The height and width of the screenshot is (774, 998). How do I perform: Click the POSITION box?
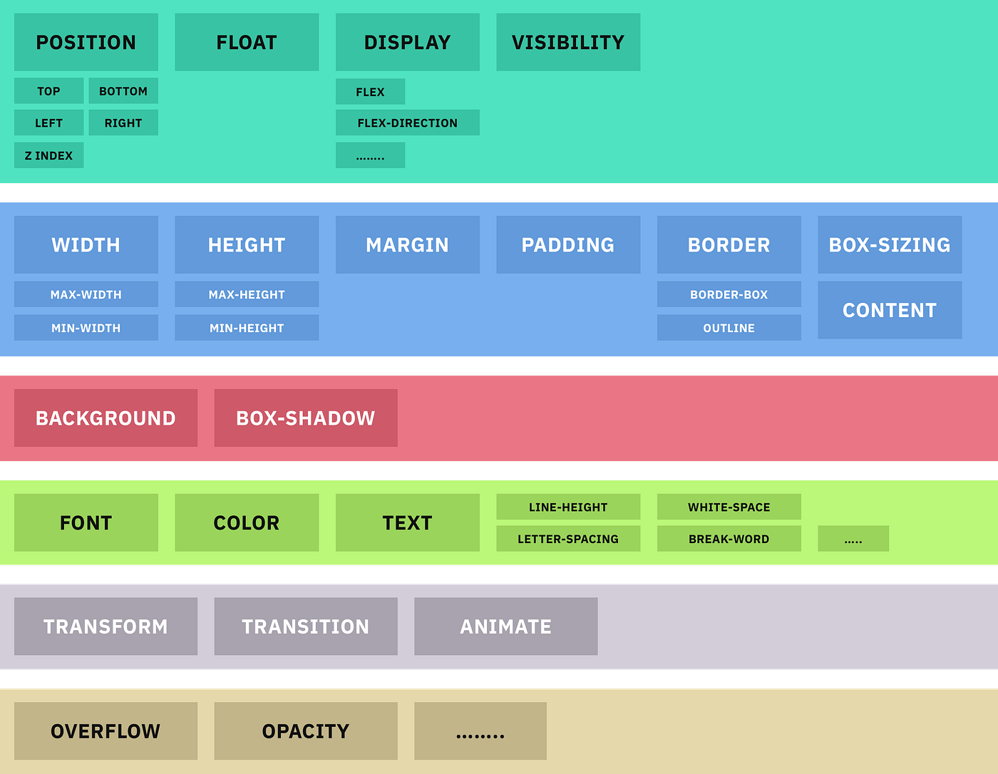[x=86, y=42]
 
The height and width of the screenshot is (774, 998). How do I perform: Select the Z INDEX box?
[x=48, y=155]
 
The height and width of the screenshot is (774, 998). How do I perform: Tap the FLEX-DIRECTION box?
[x=407, y=123]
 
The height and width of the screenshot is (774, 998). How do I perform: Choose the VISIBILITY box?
[x=568, y=42]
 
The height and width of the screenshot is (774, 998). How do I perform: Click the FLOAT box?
[x=247, y=42]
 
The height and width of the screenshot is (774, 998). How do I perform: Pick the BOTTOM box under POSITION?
[x=123, y=91]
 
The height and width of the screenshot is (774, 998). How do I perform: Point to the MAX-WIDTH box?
[x=86, y=294]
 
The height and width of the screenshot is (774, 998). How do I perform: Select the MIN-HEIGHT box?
[x=247, y=328]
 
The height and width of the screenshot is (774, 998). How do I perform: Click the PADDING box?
[x=568, y=244]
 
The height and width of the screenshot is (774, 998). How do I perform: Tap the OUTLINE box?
[x=729, y=328]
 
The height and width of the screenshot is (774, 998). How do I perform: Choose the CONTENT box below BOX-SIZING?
[x=890, y=310]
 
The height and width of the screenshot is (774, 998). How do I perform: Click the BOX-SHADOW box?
[x=306, y=418]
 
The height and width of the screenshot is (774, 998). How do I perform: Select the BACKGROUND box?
[x=106, y=418]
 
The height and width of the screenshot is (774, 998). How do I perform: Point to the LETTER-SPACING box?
[x=568, y=539]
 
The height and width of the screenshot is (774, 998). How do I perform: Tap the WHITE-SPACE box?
[x=729, y=507]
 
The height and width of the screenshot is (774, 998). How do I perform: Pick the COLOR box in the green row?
[x=247, y=522]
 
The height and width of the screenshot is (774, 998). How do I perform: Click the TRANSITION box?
[x=306, y=626]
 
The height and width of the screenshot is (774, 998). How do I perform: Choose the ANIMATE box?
[x=505, y=626]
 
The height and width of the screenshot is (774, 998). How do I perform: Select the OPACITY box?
[x=306, y=731]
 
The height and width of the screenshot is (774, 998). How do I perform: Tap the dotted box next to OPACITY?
[x=480, y=731]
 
